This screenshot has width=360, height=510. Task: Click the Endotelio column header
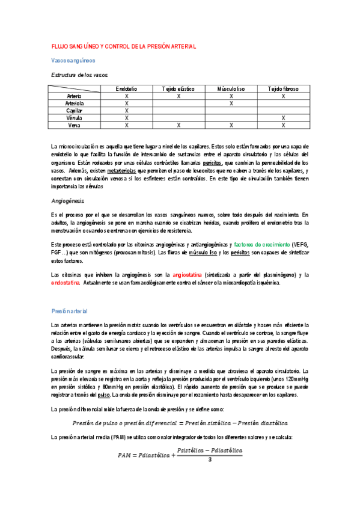click(x=127, y=88)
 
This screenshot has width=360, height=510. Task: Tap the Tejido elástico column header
click(x=178, y=88)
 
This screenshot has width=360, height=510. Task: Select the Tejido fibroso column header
click(x=282, y=88)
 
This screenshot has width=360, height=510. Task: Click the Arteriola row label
click(x=75, y=103)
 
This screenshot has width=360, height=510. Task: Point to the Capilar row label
click(x=75, y=111)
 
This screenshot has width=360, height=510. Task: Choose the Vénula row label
click(x=75, y=118)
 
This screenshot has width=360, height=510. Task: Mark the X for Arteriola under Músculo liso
click(x=231, y=103)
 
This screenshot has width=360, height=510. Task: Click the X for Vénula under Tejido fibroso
click(x=282, y=118)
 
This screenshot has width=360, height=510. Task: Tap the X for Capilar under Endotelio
click(x=127, y=111)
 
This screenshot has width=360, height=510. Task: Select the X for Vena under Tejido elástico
click(x=178, y=125)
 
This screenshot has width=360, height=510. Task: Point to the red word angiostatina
click(x=190, y=275)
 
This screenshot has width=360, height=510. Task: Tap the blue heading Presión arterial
click(x=70, y=311)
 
